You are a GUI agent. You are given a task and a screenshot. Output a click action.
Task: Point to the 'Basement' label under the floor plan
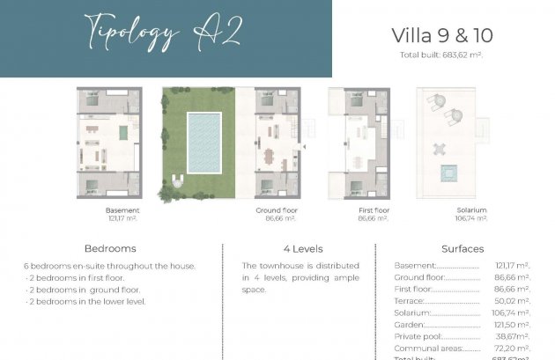122,210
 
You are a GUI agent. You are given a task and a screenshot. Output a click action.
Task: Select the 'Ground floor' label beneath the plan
275,210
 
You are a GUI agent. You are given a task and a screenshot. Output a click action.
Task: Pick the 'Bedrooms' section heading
110,249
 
